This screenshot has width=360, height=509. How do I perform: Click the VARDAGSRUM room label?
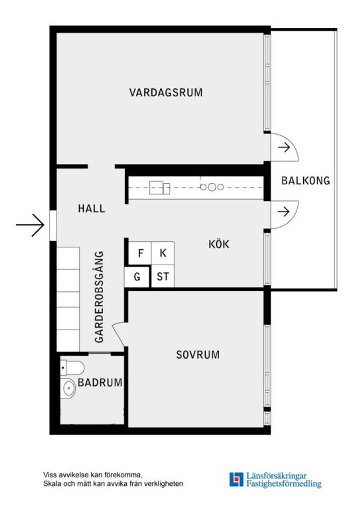pos(166,93)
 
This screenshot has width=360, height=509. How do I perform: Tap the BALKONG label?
pos(306,181)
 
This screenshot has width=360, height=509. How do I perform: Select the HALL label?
pos(91,208)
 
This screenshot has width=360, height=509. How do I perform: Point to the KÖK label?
pos(219,244)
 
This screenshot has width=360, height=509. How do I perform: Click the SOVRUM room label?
pos(198,355)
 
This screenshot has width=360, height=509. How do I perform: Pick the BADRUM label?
pos(100,383)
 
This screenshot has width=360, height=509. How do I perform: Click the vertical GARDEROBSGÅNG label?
pos(99,297)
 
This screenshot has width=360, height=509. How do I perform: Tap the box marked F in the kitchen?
pos(140,253)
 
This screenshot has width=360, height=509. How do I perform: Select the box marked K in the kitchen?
pos(163,253)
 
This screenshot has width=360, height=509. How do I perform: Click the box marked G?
pos(137,277)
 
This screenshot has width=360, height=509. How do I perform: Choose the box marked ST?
pos(163,277)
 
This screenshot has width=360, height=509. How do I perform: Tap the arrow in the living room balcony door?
pos(284,148)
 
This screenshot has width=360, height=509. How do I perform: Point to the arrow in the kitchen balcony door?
pos(284,212)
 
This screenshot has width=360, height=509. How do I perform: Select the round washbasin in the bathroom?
pos(69,388)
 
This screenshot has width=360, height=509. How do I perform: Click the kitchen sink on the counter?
pos(159,187)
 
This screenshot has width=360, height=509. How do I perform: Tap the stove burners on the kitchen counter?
pos(212,187)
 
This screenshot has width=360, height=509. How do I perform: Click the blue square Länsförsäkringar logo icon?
pos(236,479)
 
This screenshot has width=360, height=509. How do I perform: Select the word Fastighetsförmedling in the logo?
pos(283,484)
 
